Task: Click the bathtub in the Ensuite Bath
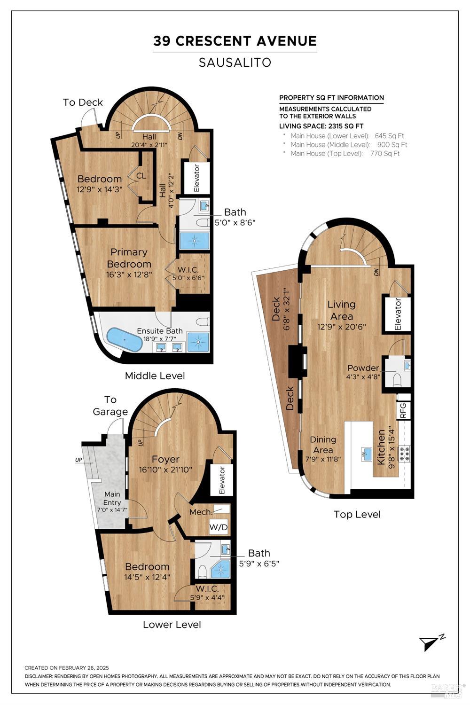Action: (124, 339)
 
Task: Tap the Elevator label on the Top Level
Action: (398, 313)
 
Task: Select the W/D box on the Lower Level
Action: (218, 527)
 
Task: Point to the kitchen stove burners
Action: (404, 454)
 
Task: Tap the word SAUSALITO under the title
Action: (235, 63)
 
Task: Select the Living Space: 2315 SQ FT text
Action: (321, 126)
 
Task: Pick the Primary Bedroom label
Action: (129, 258)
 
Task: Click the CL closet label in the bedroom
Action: (141, 176)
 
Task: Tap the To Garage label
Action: (110, 406)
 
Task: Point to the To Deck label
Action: (83, 102)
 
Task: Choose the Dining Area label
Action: (323, 444)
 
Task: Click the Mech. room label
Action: (201, 512)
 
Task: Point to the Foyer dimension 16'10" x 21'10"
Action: (165, 470)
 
